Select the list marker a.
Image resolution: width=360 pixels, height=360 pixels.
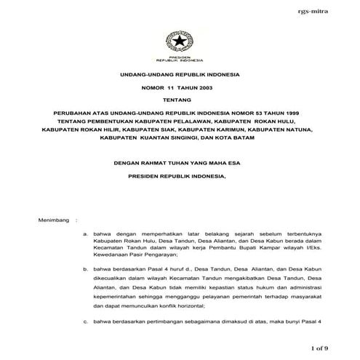86,234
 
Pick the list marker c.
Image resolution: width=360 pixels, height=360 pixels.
86,321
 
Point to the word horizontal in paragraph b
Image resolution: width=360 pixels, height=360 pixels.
182,308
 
